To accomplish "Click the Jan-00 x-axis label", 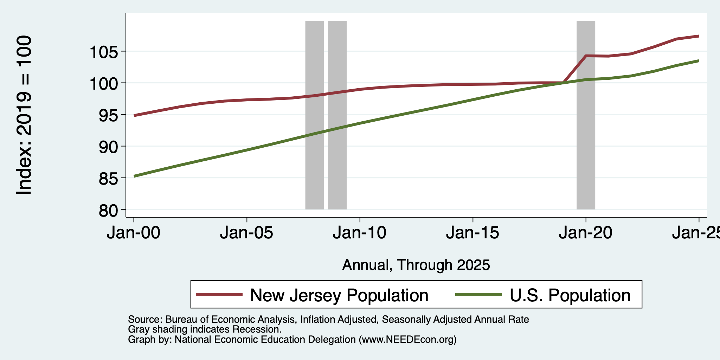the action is pyautogui.click(x=134, y=233).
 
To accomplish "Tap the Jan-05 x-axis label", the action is pyautogui.click(x=246, y=233).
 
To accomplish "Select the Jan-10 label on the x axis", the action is pyautogui.click(x=360, y=233).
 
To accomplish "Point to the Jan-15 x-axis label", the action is pyautogui.click(x=472, y=233).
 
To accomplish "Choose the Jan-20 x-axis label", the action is pyautogui.click(x=586, y=233).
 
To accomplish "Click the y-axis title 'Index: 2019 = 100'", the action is pyautogui.click(x=24, y=115).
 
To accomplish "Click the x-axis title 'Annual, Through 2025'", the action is pyautogui.click(x=416, y=265).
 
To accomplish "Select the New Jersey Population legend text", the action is pyautogui.click(x=339, y=295).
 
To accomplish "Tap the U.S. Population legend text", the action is pyautogui.click(x=570, y=295).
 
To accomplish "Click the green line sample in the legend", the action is pyautogui.click(x=478, y=294).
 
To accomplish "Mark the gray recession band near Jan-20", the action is pyautogui.click(x=586, y=115).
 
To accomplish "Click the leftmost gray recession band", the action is pyautogui.click(x=315, y=115).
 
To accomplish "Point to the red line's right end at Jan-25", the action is pyautogui.click(x=699, y=36).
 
